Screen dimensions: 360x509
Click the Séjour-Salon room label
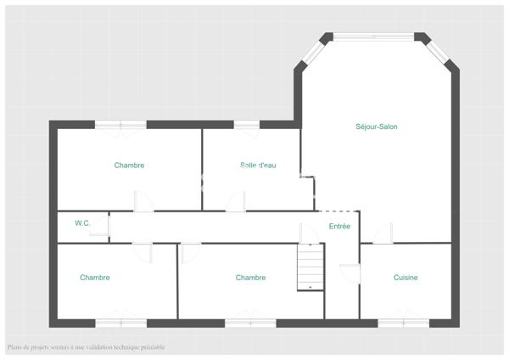pos(377,127)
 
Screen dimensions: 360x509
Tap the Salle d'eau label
pos(258,166)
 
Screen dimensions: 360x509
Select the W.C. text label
pos(82,223)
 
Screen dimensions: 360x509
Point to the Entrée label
pos(339,226)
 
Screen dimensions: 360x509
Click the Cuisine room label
pos(406,278)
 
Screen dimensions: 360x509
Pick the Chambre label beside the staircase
pos(250,278)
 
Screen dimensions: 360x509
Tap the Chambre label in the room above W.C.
pos(129,166)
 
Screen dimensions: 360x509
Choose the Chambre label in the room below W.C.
pos(95,278)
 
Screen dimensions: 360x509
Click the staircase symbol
pos(310,267)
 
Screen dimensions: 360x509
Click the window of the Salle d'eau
pos(247,126)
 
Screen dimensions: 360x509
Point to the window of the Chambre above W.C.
pos(120,125)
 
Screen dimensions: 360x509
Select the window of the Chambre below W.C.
pos(120,323)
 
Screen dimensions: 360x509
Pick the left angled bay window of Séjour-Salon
pos(310,53)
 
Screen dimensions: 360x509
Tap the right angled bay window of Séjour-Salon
pos(439,52)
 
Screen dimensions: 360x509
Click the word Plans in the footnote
pos(17,347)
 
